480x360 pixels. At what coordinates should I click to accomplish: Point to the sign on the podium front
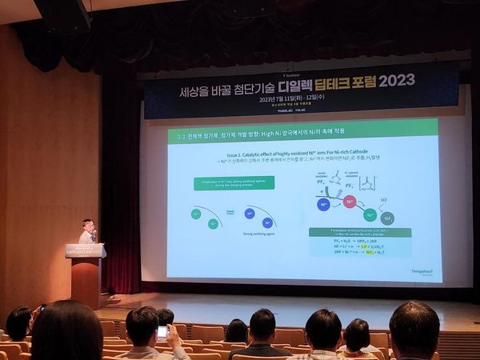click(84, 251)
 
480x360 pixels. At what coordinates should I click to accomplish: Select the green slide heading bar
click(303, 134)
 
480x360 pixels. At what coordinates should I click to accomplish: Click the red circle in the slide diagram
click(350, 202)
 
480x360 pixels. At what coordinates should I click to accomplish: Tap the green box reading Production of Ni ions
click(234, 183)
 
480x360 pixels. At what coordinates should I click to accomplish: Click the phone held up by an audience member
click(162, 331)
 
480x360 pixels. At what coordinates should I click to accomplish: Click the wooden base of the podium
click(85, 282)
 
